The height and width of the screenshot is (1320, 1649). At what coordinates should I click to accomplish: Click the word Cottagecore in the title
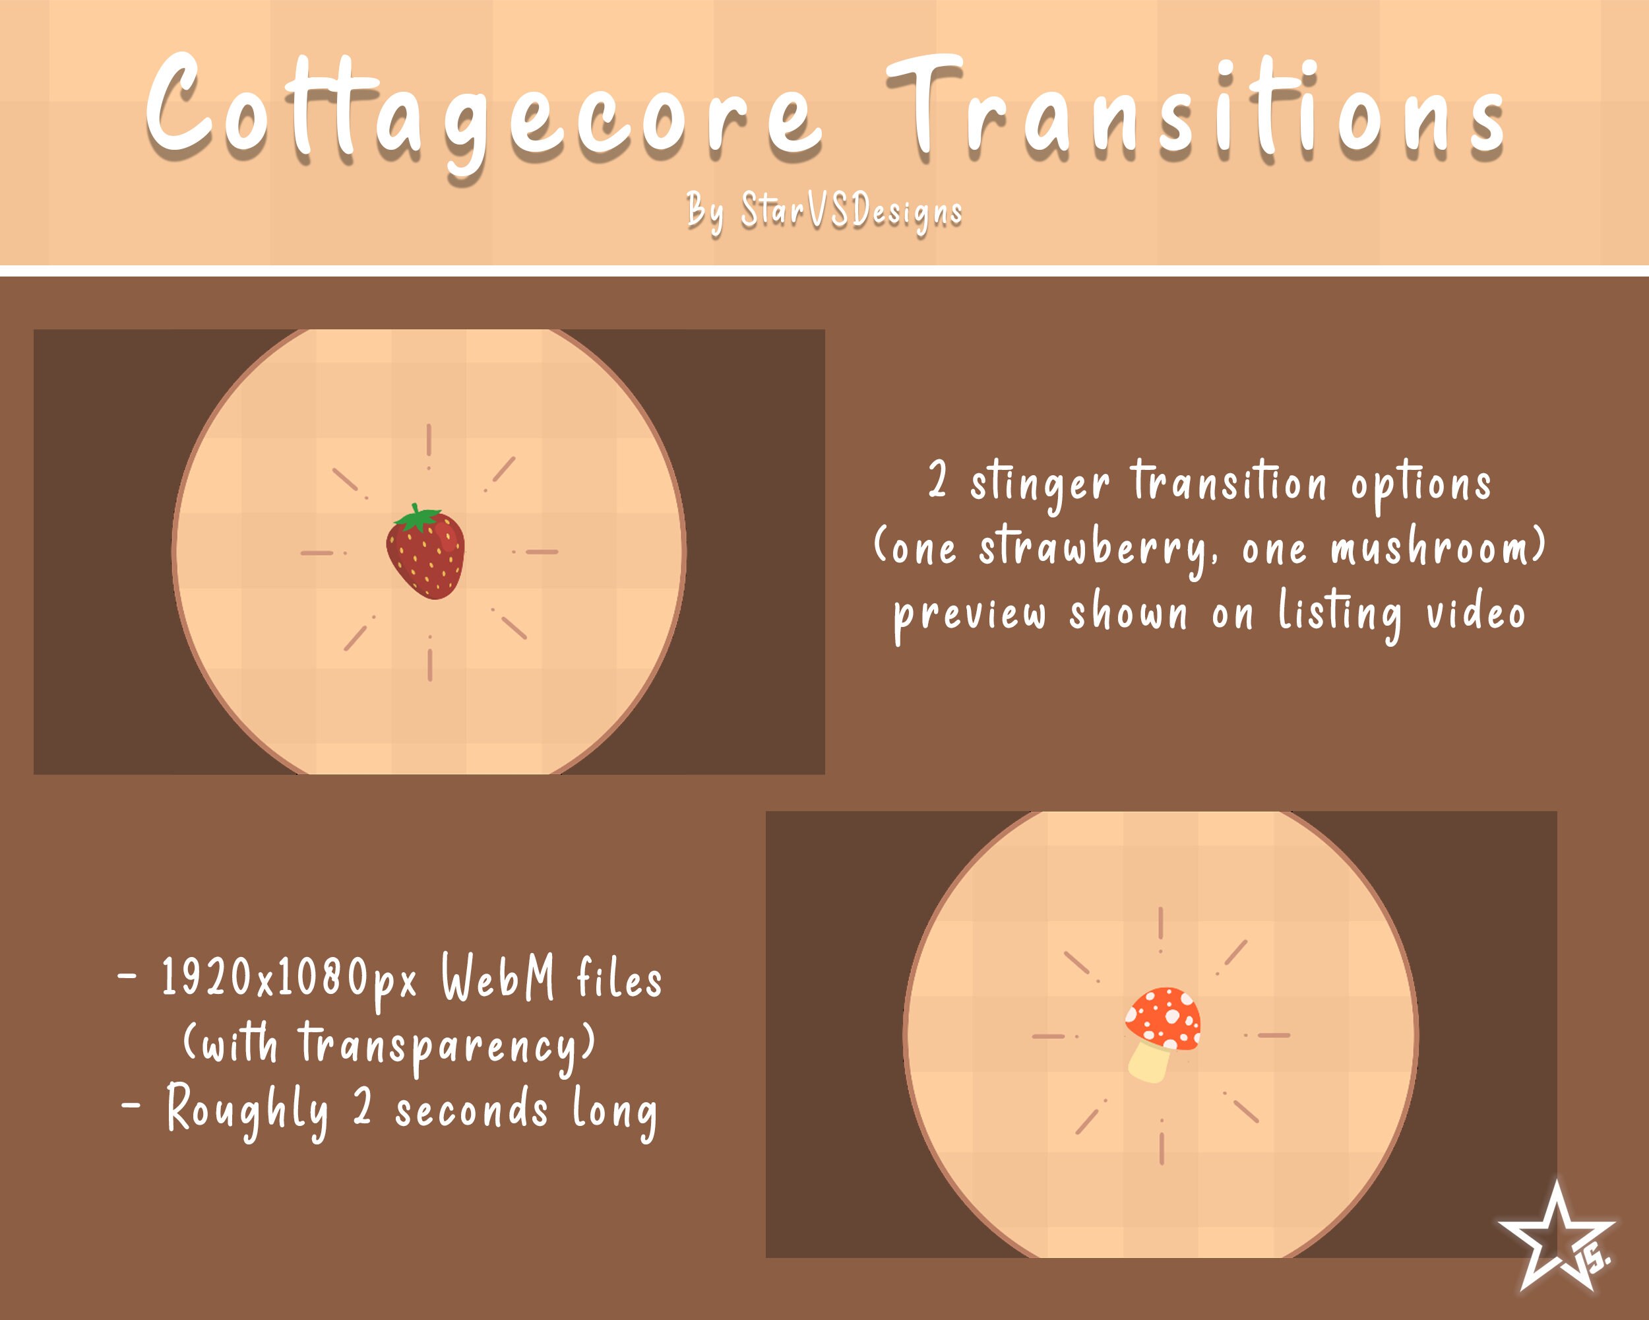click(483, 111)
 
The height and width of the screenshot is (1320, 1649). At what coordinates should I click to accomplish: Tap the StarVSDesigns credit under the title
click(850, 211)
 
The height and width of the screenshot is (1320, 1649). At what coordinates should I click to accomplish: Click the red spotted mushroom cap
click(1164, 1018)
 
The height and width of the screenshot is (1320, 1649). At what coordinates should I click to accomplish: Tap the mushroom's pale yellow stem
click(1150, 1062)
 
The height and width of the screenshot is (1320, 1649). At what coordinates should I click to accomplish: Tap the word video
click(1476, 614)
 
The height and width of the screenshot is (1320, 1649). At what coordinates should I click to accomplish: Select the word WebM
click(498, 979)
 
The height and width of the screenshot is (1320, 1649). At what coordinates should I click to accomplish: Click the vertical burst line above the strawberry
click(429, 442)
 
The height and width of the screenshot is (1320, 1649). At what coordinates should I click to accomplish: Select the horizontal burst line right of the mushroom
click(1274, 1036)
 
